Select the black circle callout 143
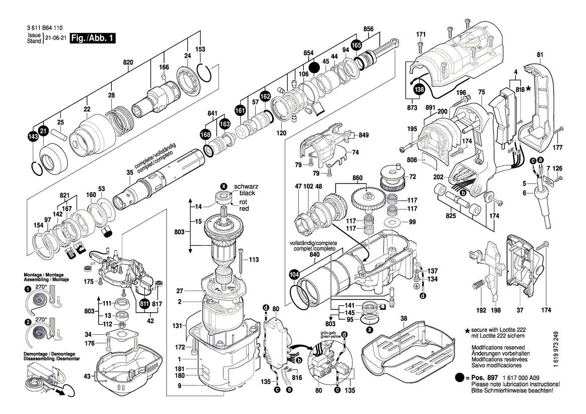pyautogui.click(x=33, y=137)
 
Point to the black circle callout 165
pyautogui.click(x=356, y=45)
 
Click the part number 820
pyautogui.click(x=128, y=63)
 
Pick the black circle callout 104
pyautogui.click(x=294, y=275)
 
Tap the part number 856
pyautogui.click(x=368, y=29)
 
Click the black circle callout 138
pyautogui.click(x=419, y=90)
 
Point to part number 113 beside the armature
pyautogui.click(x=253, y=260)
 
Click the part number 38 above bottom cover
pyautogui.click(x=404, y=318)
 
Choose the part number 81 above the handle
pyautogui.click(x=539, y=55)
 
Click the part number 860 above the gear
pyautogui.click(x=357, y=177)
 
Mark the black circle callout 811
pyautogui.click(x=144, y=304)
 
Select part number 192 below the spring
pyautogui.click(x=481, y=311)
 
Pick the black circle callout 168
pyautogui.click(x=205, y=134)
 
